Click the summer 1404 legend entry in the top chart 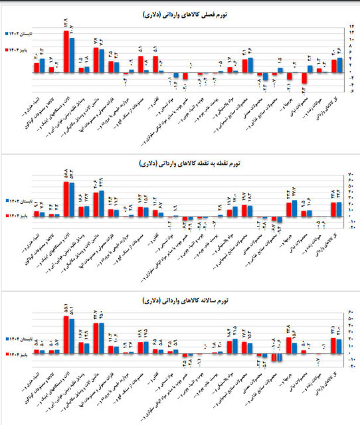pyautogui.click(x=21, y=32)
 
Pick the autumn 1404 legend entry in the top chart pyautogui.click(x=21, y=49)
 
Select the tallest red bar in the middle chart pyautogui.click(x=66, y=199)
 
